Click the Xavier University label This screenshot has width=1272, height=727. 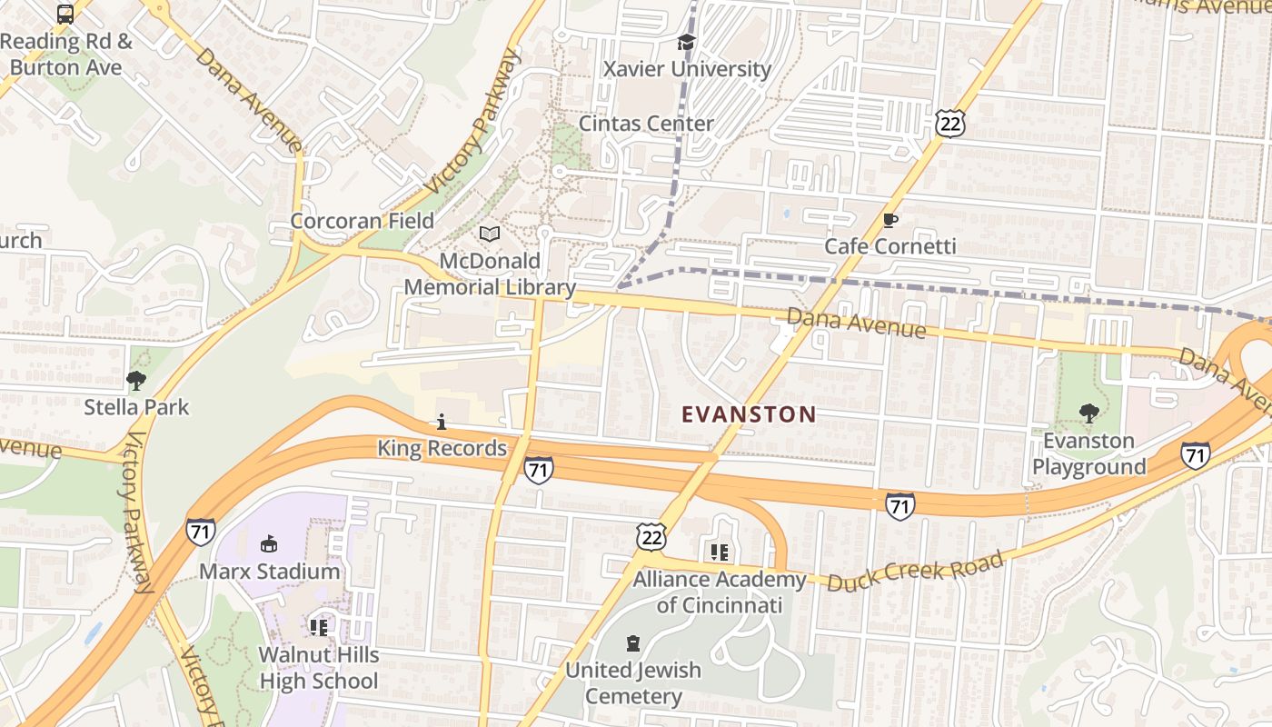pos(687,69)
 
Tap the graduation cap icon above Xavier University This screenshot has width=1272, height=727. pos(686,43)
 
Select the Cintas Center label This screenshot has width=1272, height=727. pos(646,124)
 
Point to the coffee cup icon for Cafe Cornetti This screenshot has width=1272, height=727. pos(890,221)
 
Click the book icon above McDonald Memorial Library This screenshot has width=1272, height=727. pos(490,234)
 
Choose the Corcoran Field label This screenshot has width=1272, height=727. pos(362,221)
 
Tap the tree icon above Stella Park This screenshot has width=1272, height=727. pos(136,380)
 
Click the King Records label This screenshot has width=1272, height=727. pos(442,448)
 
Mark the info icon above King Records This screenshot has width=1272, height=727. pos(442,422)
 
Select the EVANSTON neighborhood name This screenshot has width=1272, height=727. pos(749,415)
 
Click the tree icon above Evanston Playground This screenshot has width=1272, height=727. pos(1088,414)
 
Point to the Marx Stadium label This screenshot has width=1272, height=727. pos(269,572)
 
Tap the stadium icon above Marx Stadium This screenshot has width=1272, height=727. pos(269,545)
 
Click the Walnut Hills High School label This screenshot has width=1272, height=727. pos(318,668)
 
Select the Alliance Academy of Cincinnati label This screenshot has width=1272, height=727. pos(720,593)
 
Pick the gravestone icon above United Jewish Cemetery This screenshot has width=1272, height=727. pos(633,644)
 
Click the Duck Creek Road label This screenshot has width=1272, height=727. pos(915,571)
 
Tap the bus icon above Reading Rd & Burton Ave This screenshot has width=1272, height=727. pos(65,14)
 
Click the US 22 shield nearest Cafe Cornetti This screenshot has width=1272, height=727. pos(949,123)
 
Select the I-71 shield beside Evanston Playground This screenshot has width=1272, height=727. pos(1196,455)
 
